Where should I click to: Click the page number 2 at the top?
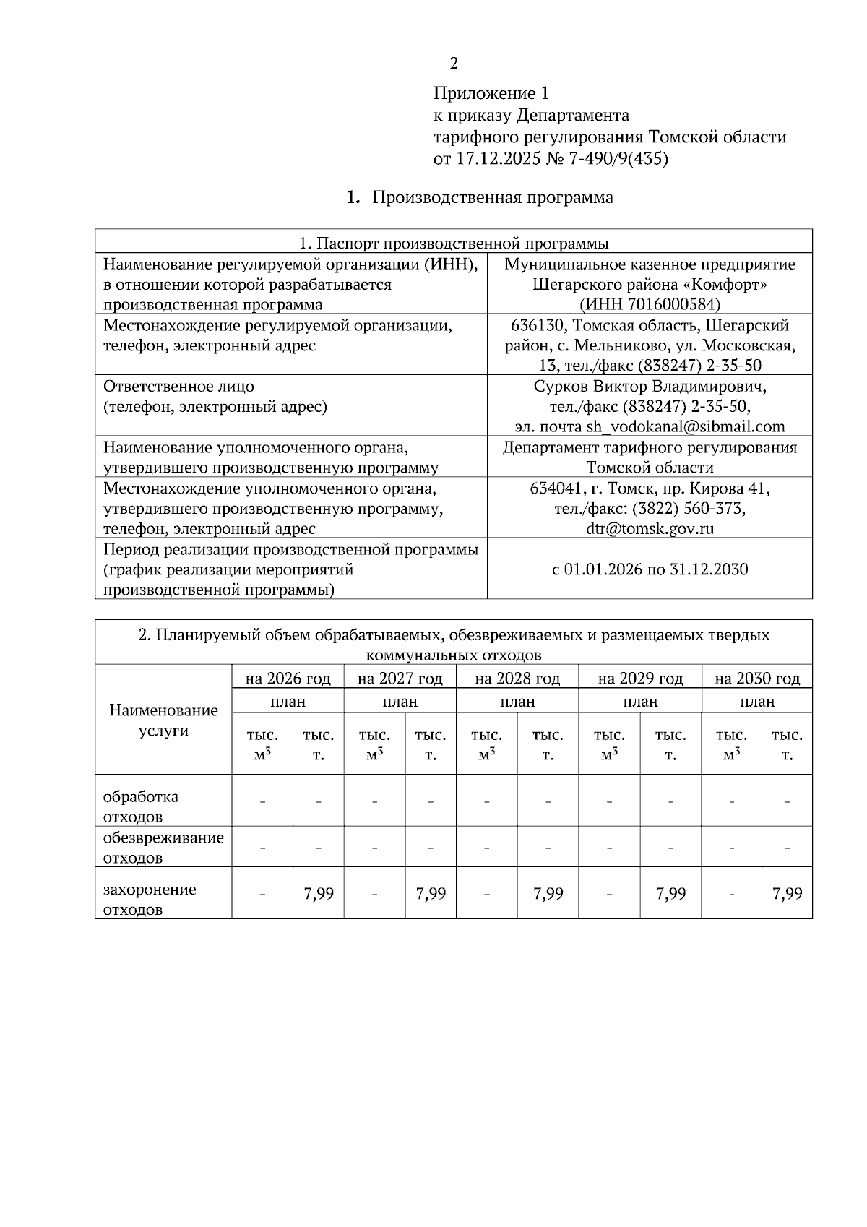(453, 64)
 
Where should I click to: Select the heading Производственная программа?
(492, 197)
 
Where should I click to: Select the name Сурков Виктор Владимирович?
(650, 386)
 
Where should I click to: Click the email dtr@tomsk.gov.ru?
(650, 528)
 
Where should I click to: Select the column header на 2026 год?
(288, 679)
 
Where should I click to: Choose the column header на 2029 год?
(640, 679)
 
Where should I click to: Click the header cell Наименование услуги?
(163, 720)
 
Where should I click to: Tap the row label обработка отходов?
(141, 806)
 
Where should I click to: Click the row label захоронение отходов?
(150, 899)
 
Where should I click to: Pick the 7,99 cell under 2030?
(787, 893)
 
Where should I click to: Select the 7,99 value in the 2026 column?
(318, 893)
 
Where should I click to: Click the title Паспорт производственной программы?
(454, 242)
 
